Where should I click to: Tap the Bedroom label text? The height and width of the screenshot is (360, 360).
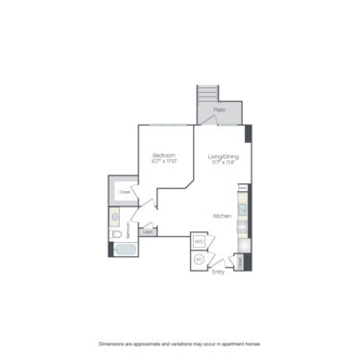coord(163,155)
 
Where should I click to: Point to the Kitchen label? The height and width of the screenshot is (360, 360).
coord(222,217)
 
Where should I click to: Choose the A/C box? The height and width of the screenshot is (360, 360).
coord(199,258)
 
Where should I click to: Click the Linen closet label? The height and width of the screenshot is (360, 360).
coord(148,231)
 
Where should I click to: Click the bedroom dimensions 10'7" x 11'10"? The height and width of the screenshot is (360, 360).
coord(163,161)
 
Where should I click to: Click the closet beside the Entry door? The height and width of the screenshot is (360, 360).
coord(239,261)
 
